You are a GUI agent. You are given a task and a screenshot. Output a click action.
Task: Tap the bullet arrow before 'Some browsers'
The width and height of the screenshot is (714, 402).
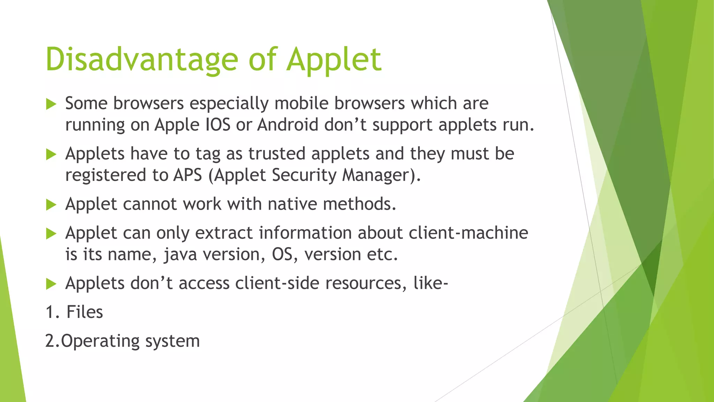pyautogui.click(x=51, y=104)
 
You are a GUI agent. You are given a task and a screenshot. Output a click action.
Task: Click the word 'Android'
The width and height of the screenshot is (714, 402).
pyautogui.click(x=288, y=125)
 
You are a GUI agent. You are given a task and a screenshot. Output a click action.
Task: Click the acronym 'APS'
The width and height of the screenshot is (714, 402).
pyautogui.click(x=188, y=175)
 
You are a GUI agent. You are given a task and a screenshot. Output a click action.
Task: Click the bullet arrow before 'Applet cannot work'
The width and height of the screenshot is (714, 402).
pyautogui.click(x=51, y=205)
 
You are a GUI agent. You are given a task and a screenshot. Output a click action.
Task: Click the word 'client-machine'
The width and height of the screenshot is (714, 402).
pyautogui.click(x=468, y=233)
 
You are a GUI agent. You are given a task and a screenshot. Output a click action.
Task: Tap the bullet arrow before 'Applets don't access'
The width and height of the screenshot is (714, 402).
pyautogui.click(x=51, y=284)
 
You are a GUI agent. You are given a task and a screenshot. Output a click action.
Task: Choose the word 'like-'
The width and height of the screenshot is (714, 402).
pyautogui.click(x=430, y=283)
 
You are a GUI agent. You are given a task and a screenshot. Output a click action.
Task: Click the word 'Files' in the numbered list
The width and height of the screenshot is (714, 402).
pyautogui.click(x=85, y=312)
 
